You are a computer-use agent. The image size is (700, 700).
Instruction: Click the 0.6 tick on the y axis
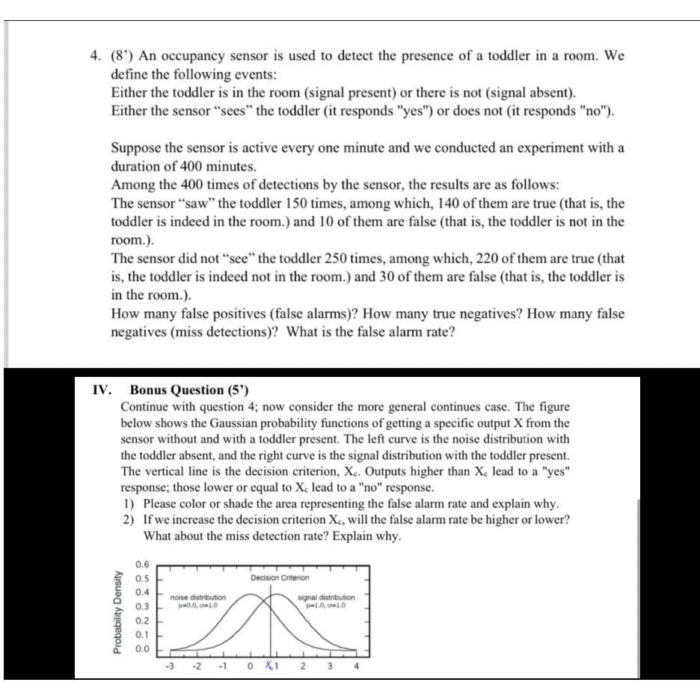(143, 564)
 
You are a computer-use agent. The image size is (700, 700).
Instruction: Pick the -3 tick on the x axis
(170, 668)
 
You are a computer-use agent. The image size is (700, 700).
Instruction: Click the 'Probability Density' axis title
(117, 614)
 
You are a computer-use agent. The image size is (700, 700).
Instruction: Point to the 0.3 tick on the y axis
(143, 607)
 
